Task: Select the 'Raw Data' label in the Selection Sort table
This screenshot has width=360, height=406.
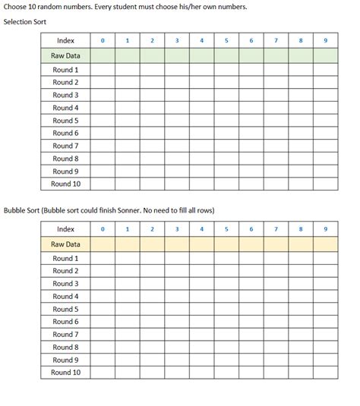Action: (x=66, y=55)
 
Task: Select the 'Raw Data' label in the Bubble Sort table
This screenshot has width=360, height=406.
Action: (x=66, y=244)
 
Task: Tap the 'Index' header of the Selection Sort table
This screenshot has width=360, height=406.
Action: (x=66, y=39)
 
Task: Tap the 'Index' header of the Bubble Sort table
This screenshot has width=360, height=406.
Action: (x=66, y=228)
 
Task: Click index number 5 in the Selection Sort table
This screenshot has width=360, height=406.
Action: (x=226, y=39)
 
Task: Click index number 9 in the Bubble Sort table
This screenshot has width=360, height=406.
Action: (x=325, y=228)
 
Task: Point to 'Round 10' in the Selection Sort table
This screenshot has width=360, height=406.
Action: (x=66, y=184)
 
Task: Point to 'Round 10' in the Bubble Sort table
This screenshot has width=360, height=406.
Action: (x=66, y=373)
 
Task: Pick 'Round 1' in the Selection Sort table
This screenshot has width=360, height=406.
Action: (x=66, y=70)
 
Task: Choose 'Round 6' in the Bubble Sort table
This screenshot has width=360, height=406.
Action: (x=66, y=322)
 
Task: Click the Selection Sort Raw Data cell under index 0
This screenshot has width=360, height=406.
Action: (x=103, y=55)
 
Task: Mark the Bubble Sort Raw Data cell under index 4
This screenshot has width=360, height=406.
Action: (x=201, y=244)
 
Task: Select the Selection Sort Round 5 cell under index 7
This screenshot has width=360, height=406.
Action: (x=276, y=121)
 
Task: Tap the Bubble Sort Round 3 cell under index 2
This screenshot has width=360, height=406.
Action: (x=152, y=284)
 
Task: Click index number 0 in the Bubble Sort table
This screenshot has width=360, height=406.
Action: (x=103, y=228)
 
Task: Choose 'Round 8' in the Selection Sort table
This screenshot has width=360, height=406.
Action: (x=66, y=159)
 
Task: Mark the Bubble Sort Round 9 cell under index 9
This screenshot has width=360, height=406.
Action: (x=325, y=360)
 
